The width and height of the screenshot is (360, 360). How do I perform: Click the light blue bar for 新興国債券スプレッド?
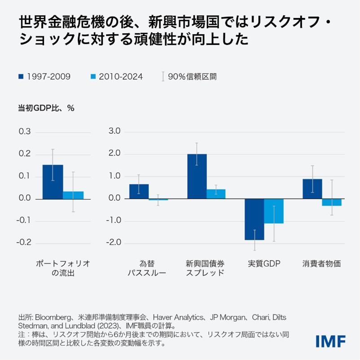[216, 194]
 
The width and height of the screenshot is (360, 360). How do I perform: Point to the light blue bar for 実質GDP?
[274, 211]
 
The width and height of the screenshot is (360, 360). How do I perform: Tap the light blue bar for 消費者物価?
[332, 202]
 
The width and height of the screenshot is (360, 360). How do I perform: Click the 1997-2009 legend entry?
[44, 77]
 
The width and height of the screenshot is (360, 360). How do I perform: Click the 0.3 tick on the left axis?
[25, 132]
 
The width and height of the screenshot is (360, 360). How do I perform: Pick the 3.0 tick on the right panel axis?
[115, 132]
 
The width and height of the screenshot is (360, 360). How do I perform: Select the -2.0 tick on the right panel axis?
[114, 243]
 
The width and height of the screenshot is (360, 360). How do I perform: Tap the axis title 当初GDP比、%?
[46, 108]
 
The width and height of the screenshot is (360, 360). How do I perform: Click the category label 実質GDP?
[264, 264]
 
